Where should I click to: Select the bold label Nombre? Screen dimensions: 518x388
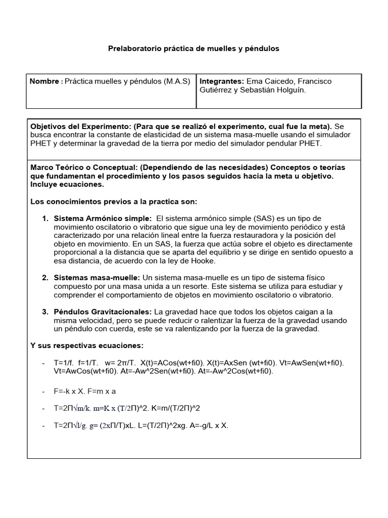[44, 81]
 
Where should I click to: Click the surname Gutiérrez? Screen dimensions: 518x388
[218, 90]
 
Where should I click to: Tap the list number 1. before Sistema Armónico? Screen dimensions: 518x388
[45, 218]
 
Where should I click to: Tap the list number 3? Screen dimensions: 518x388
[45, 312]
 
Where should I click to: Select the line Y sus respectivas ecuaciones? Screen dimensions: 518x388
[87, 346]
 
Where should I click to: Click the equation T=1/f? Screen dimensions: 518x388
[64, 363]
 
